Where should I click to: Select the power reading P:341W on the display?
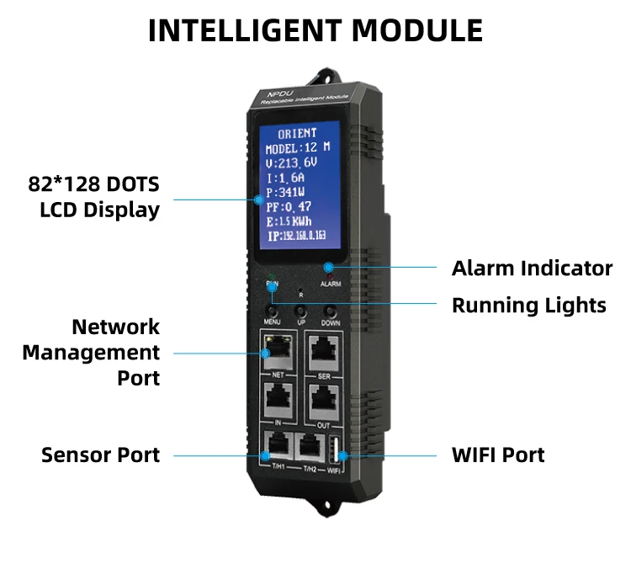click(287, 192)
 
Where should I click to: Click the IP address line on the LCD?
click(298, 237)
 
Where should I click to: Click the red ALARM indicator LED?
click(329, 272)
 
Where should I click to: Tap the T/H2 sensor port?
click(310, 447)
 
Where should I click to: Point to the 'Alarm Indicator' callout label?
click(532, 269)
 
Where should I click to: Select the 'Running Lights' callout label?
click(528, 305)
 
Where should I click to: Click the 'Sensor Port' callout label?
click(100, 455)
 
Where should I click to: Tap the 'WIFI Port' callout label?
click(498, 455)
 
